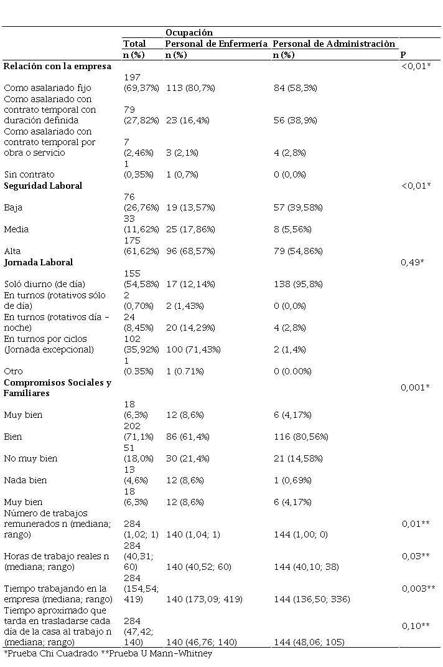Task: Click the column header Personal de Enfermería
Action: (x=217, y=44)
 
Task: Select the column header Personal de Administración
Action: (x=334, y=44)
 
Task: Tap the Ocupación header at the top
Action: (x=189, y=32)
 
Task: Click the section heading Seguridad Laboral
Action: (x=43, y=186)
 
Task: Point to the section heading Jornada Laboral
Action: (x=39, y=262)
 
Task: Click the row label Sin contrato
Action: (x=29, y=174)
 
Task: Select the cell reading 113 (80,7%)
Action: (x=190, y=88)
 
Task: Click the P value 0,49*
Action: (x=413, y=262)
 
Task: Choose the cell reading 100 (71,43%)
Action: (x=194, y=349)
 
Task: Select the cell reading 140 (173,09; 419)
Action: (x=204, y=599)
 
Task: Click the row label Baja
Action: (x=13, y=207)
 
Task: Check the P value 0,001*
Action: (x=414, y=387)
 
